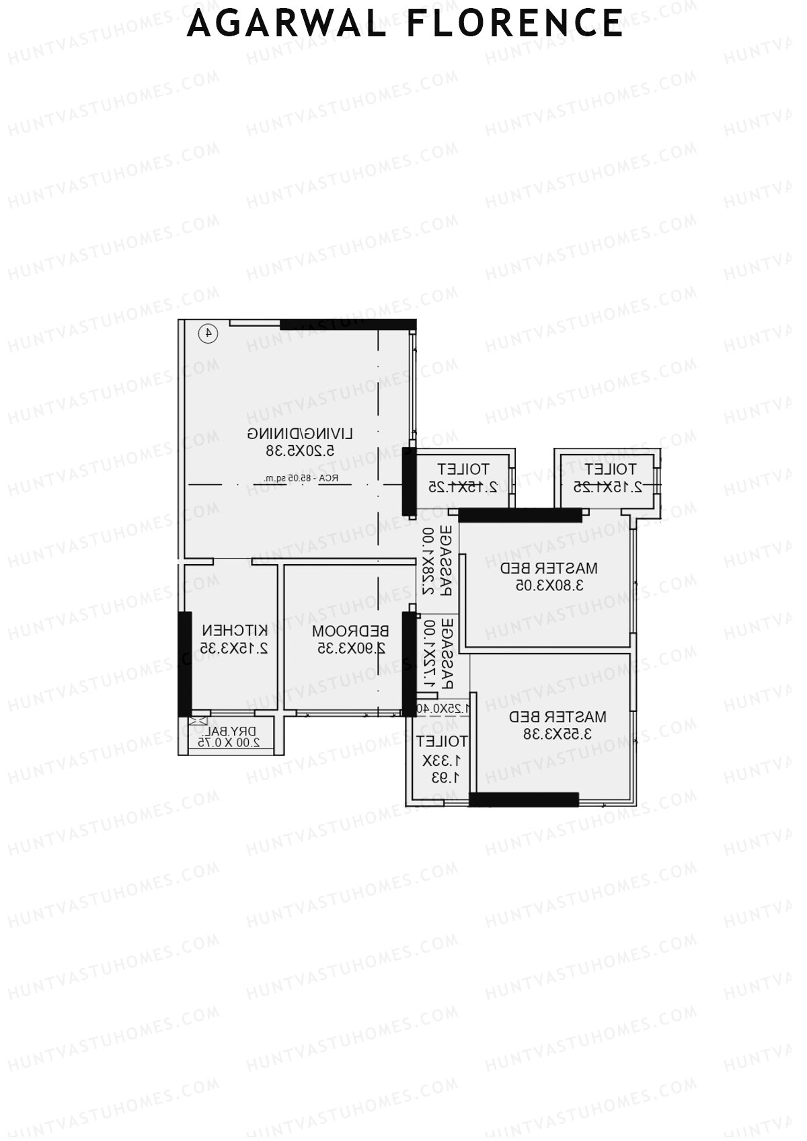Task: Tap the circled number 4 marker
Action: pyautogui.click(x=208, y=332)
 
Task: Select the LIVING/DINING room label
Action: pyautogui.click(x=300, y=433)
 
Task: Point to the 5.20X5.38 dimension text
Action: pyautogui.click(x=300, y=450)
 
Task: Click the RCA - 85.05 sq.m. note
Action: pyautogui.click(x=301, y=479)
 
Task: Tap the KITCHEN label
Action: pyautogui.click(x=235, y=631)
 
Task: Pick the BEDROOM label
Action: pyautogui.click(x=350, y=631)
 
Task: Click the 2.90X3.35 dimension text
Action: pyautogui.click(x=352, y=648)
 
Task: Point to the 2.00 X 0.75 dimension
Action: pyautogui.click(x=229, y=743)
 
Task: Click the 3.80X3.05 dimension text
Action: pyautogui.click(x=549, y=585)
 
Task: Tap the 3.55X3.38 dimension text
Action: pyautogui.click(x=558, y=734)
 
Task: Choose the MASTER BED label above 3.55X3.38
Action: pyautogui.click(x=558, y=717)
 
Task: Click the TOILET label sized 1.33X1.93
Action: pyautogui.click(x=441, y=742)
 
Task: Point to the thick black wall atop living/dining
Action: pyautogui.click(x=348, y=325)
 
